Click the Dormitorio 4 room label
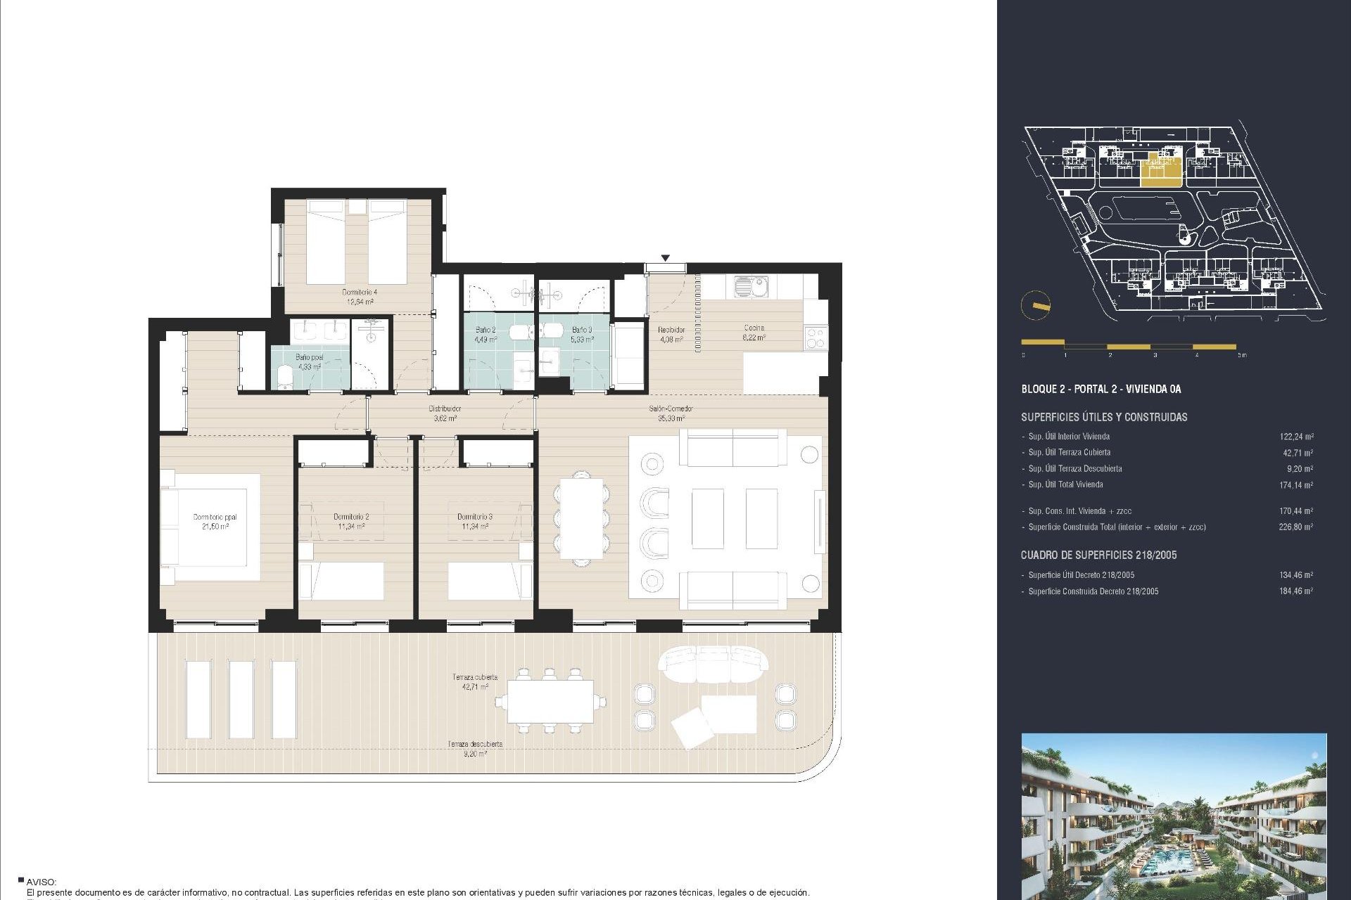360,297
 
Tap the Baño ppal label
309,362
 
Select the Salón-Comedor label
671,413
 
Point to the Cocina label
754,332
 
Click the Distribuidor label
445,413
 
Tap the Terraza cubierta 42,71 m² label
475,681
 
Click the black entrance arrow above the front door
665,258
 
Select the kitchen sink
751,286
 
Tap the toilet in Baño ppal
284,376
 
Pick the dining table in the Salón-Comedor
582,519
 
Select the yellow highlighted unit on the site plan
1160,170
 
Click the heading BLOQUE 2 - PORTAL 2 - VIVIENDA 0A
1101,389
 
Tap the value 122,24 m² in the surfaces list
1295,437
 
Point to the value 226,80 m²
1295,527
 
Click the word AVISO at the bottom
42,882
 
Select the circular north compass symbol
1035,305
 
